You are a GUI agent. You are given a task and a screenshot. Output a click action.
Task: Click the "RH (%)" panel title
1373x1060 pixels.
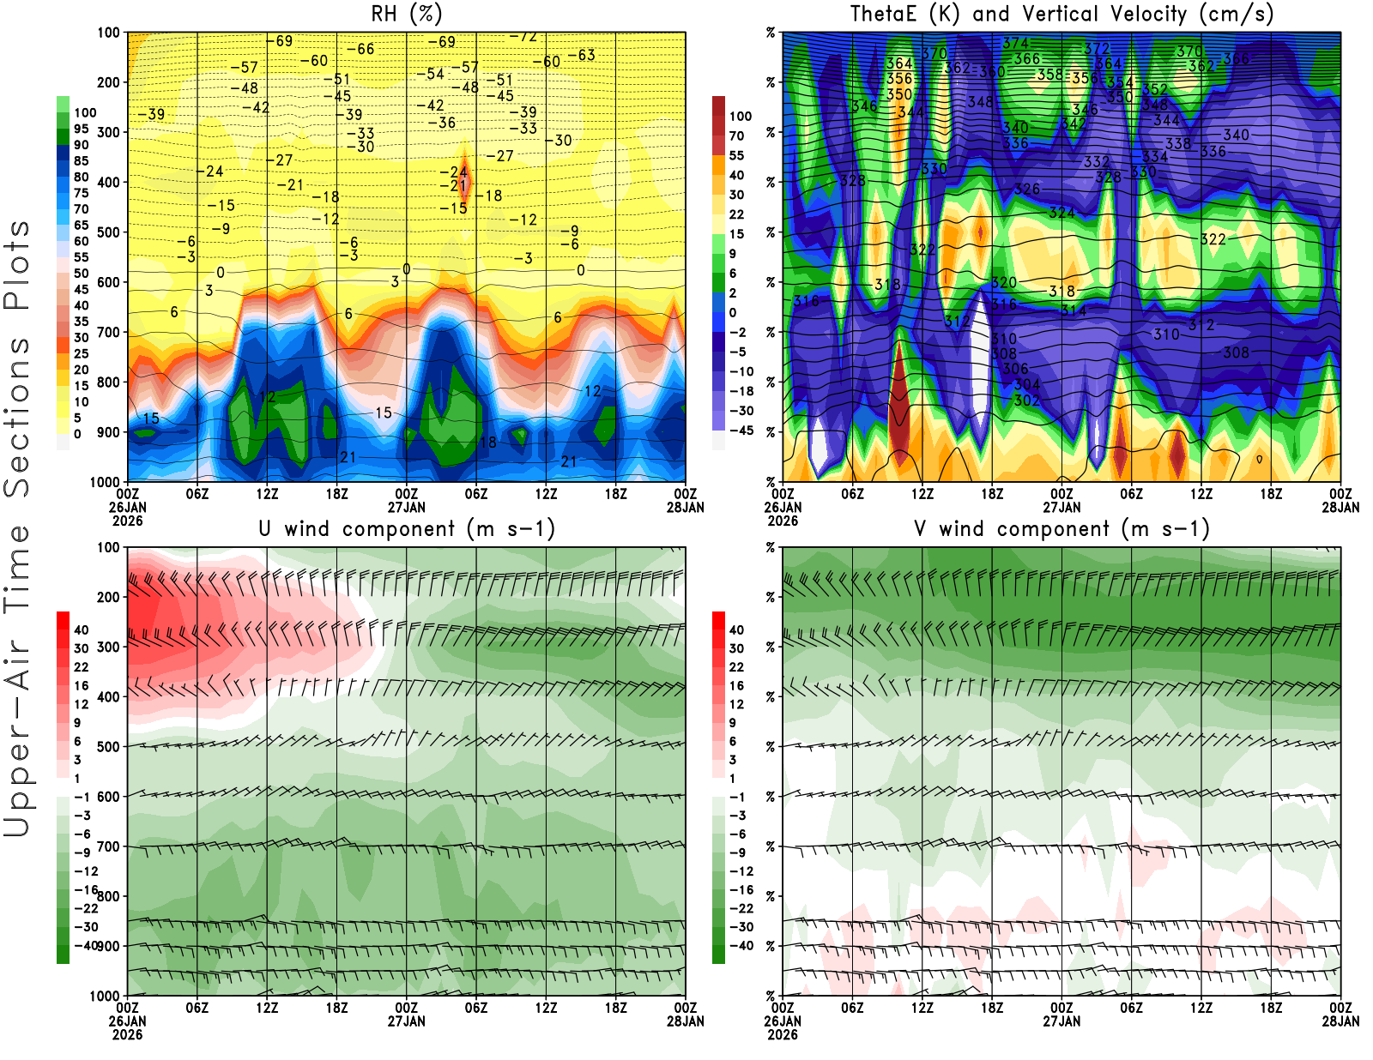tap(406, 14)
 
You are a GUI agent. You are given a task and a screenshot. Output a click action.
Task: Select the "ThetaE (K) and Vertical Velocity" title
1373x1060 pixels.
tap(1061, 14)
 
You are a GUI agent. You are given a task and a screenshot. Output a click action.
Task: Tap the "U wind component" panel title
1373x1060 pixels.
tap(406, 528)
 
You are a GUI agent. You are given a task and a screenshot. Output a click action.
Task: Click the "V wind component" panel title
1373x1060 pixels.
tap(1061, 528)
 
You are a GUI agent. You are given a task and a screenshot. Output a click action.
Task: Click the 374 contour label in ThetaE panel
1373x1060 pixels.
tap(1015, 43)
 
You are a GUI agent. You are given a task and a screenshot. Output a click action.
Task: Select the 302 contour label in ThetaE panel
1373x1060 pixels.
tap(1026, 401)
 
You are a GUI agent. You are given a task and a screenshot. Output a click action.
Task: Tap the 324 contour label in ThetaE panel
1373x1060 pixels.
tap(1062, 213)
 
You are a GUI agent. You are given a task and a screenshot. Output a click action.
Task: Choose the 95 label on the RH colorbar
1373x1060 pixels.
tap(81, 129)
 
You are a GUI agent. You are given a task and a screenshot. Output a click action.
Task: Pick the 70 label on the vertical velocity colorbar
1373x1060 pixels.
tap(736, 136)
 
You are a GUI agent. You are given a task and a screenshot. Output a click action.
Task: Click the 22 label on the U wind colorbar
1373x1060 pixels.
tap(81, 666)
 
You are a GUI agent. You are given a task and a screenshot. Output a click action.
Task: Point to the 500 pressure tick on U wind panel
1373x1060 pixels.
tap(108, 746)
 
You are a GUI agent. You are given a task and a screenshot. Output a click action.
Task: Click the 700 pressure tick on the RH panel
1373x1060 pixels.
tap(108, 332)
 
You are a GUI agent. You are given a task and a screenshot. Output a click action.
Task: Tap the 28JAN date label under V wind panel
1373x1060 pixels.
tap(1340, 1021)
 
